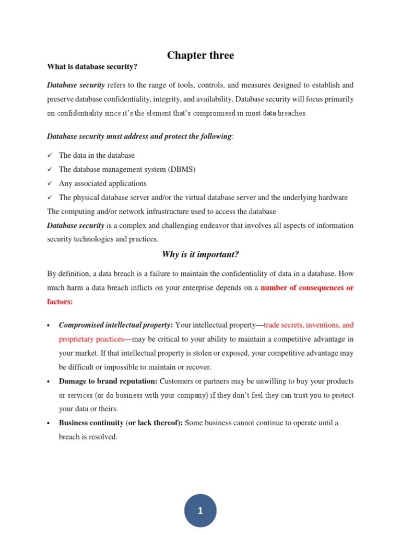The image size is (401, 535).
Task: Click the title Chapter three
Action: coord(200,55)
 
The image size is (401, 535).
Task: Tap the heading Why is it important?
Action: coord(200,254)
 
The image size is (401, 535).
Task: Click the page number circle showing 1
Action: coord(200,511)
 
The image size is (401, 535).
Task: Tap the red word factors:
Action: coord(60,302)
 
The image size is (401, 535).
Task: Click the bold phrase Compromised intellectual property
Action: coord(114,325)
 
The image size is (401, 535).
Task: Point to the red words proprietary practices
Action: coord(91,339)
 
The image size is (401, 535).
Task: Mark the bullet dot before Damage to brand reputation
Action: coord(49,381)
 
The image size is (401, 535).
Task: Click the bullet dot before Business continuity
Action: coord(49,423)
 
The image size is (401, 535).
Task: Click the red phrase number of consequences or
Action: coord(307,288)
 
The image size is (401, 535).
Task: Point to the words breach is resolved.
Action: coord(88,437)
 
